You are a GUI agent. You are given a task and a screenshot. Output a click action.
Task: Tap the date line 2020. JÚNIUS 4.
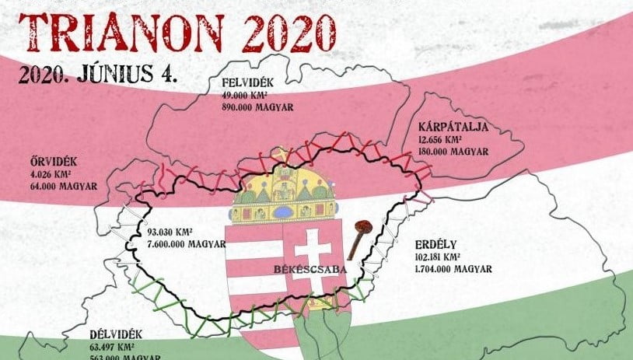[100, 75]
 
